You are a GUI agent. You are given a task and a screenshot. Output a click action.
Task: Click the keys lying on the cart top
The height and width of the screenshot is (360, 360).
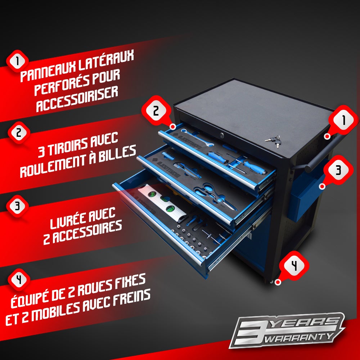273,141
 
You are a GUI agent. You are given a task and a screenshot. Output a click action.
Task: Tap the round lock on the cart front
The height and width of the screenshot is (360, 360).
222,136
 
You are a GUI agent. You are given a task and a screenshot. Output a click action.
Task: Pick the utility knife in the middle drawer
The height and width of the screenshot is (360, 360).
187,170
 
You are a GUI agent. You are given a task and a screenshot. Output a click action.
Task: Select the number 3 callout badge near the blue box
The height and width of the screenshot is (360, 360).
338,170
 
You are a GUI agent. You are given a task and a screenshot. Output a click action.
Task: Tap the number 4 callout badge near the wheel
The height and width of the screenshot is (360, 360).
294,266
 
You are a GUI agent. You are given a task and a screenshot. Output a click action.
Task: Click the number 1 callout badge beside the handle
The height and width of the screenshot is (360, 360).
343,120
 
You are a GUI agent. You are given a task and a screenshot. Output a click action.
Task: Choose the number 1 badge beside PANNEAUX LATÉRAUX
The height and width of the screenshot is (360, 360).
17,61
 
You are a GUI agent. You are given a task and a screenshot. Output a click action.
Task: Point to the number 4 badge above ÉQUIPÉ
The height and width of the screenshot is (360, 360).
19,280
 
